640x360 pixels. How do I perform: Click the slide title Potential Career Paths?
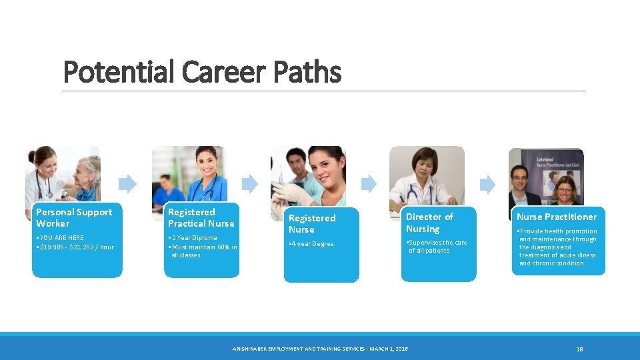[x=201, y=72]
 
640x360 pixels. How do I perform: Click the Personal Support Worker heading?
[x=74, y=217]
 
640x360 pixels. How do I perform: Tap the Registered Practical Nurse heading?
[x=201, y=217]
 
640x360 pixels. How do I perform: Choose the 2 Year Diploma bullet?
[x=193, y=238]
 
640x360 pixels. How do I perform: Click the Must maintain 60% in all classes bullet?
[x=203, y=251]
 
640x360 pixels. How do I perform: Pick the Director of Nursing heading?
[x=429, y=223]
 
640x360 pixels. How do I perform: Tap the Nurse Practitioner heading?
[x=557, y=217]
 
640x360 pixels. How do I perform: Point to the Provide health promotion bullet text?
[x=557, y=247]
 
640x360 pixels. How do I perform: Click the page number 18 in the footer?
[x=579, y=349]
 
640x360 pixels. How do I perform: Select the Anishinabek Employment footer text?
[x=319, y=349]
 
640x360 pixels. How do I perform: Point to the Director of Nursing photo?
[x=427, y=175]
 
